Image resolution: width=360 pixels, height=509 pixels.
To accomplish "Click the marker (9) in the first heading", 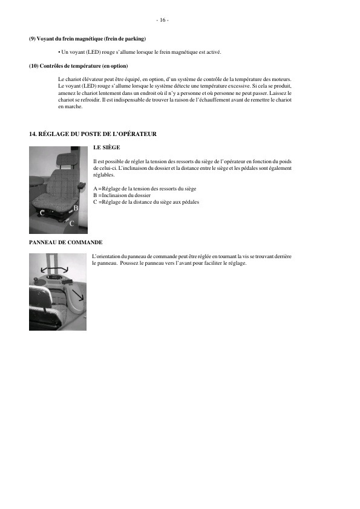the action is point(33,39).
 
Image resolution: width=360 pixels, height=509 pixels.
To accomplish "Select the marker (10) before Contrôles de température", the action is point(34,66).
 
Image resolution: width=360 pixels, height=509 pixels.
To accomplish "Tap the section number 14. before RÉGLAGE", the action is point(33,134).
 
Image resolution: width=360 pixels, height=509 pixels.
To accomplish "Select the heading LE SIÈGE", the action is point(107,147).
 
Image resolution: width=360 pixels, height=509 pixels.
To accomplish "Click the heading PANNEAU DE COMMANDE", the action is point(65,242).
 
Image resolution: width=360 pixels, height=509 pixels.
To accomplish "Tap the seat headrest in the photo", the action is point(65,160).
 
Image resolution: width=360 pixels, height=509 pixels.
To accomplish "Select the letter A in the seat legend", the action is point(96,189).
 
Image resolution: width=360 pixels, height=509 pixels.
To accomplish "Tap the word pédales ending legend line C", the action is point(189,202).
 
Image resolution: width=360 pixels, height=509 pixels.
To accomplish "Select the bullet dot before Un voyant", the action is point(59,52).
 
